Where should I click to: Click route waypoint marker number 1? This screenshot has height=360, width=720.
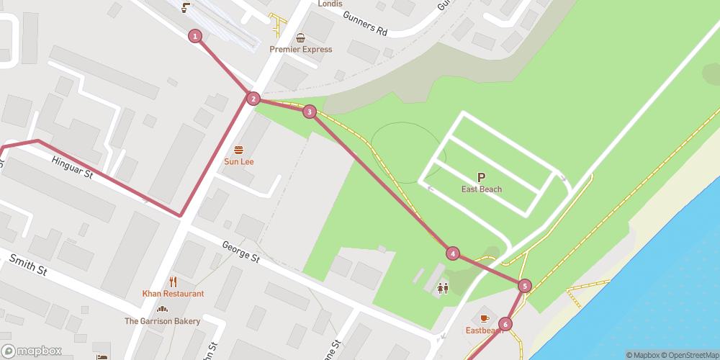194,36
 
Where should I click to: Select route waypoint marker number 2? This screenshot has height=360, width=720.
253,99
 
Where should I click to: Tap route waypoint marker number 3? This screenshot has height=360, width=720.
309,112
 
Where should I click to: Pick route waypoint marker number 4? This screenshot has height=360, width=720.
452,253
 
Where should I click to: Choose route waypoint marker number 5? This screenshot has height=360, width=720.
524,286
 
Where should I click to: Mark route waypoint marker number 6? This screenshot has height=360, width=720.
505,324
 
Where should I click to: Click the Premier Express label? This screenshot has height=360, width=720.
301,50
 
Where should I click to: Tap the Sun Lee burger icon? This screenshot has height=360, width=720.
238,150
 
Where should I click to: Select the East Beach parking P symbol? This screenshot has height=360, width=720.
482,177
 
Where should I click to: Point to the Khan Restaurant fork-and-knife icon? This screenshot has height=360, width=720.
173,282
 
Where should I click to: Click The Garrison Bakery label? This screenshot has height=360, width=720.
162,321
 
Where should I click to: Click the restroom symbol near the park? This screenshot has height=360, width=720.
442,288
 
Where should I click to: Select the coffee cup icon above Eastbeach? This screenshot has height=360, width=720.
484,318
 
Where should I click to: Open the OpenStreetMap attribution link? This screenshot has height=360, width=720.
685,355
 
